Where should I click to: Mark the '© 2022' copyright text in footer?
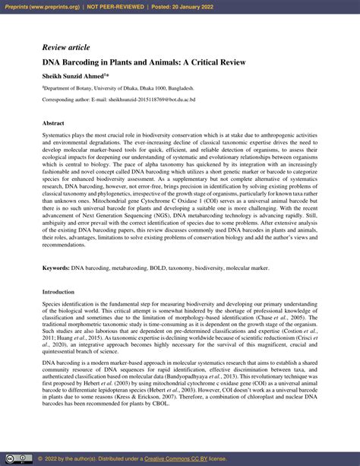[46, 459]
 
